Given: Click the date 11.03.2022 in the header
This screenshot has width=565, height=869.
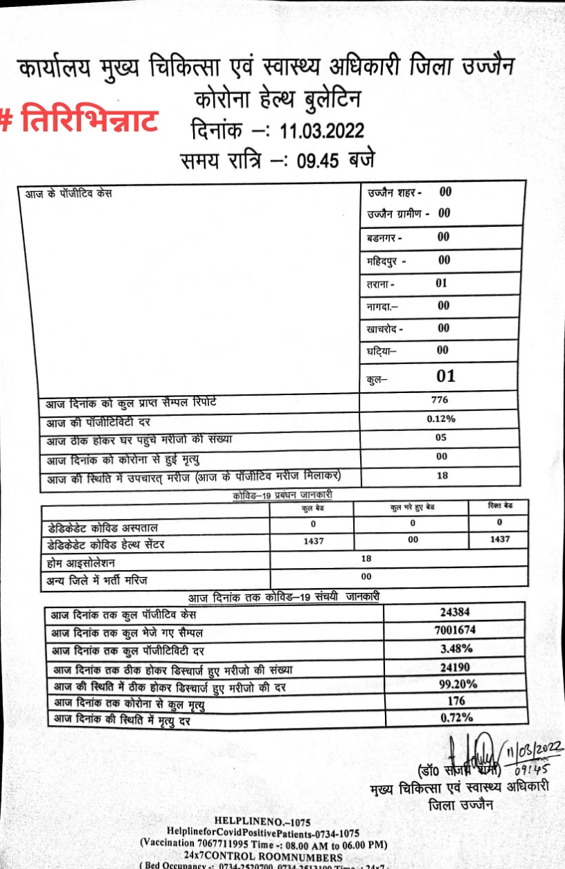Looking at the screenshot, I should [322, 130].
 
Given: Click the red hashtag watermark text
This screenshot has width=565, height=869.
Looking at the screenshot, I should [80, 119].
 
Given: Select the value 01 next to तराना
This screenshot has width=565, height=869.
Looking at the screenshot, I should [442, 283].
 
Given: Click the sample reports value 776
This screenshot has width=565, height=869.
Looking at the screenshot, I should [439, 400].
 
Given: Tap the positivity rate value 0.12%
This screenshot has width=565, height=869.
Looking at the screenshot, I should [441, 419].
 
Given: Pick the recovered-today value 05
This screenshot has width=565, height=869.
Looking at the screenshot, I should [441, 437].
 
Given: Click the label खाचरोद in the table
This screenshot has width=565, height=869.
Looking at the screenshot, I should [383, 329].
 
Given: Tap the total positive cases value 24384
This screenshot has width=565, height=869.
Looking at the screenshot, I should [454, 612].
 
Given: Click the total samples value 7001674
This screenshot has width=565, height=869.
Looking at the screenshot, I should [454, 630].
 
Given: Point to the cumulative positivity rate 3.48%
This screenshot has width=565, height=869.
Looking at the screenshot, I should [456, 649].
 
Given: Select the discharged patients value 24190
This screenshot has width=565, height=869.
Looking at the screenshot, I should [456, 668].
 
